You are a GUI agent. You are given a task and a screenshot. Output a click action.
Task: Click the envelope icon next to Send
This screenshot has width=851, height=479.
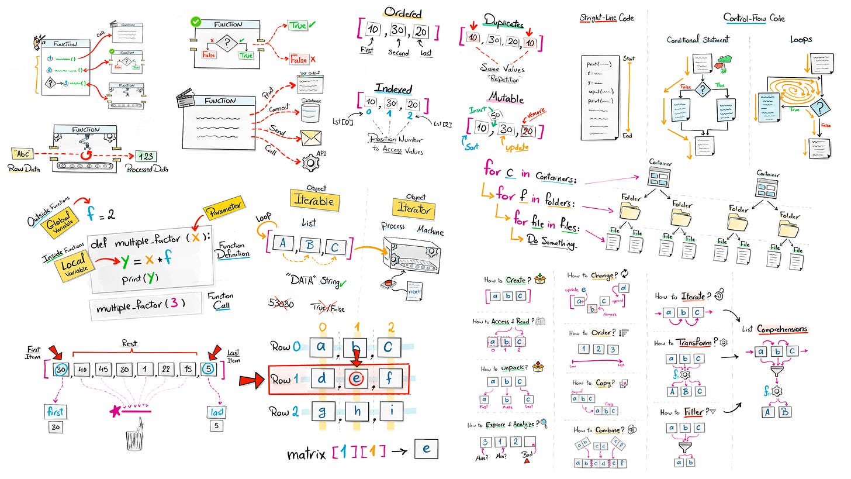(311, 136)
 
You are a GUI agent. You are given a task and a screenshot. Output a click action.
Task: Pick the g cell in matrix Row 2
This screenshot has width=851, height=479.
(321, 411)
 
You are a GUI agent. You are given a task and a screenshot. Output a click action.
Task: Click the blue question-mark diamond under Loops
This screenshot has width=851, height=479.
(821, 107)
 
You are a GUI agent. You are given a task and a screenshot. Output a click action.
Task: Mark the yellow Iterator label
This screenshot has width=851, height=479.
(416, 209)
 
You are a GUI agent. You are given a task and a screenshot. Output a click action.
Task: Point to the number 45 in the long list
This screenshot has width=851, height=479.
(105, 370)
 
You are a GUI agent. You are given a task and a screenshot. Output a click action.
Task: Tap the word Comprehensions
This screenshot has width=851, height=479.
(782, 329)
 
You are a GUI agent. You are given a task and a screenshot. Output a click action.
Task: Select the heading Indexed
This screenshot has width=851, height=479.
(393, 89)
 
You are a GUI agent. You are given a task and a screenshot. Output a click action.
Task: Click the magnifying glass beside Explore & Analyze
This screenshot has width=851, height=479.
(544, 423)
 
